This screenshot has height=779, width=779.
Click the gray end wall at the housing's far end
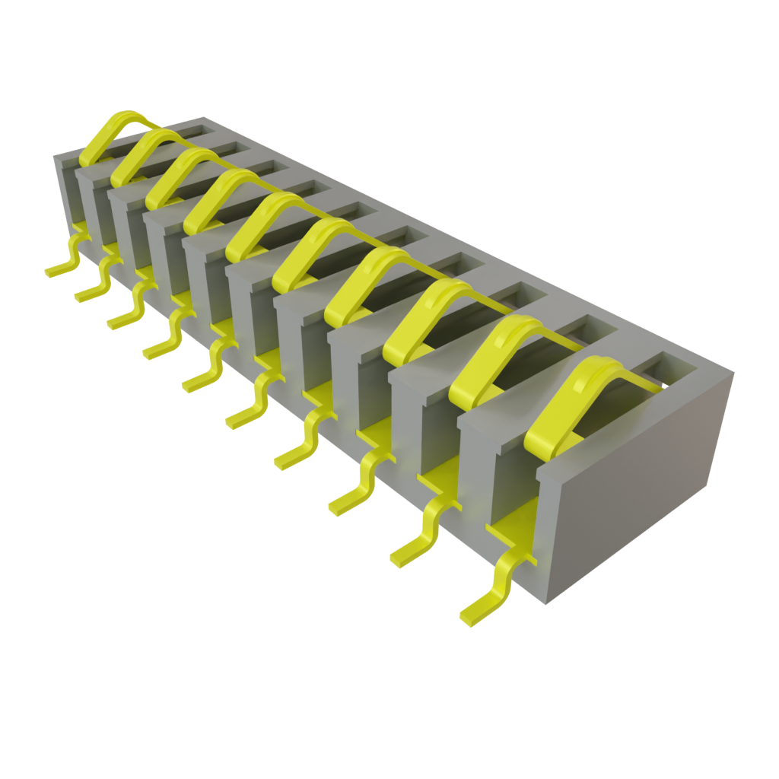pos(65,190)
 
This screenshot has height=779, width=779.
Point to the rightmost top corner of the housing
pos(734,371)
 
